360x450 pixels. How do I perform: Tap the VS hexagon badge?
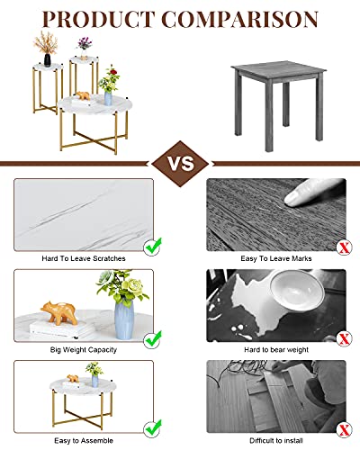tap(180, 165)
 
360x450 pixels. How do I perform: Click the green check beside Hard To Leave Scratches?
tap(153, 243)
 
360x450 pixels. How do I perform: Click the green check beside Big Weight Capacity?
tap(153, 337)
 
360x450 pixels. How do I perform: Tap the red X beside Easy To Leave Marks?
tap(343, 246)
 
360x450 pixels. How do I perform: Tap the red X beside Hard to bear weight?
tap(343, 337)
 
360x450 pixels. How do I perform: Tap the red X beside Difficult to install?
tap(343, 428)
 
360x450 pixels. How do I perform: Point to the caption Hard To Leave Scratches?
tap(84, 258)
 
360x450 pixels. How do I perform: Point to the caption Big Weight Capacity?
tap(84, 349)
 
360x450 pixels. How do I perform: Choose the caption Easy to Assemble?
tap(84, 440)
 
